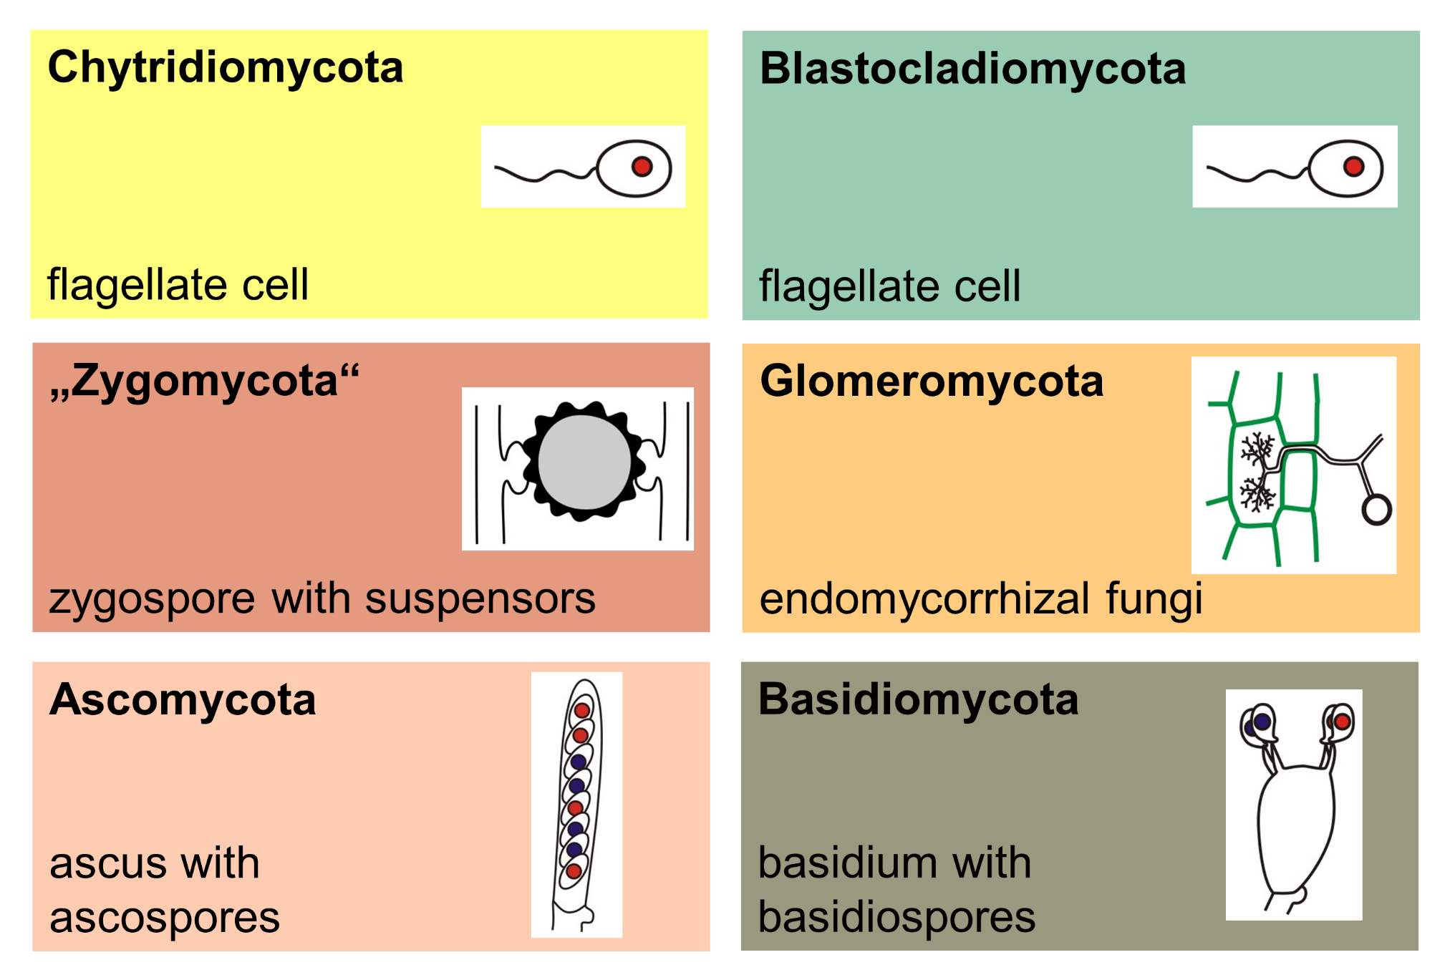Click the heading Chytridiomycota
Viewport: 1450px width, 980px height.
pyautogui.click(x=225, y=69)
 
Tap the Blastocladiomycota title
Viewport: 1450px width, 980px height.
pyautogui.click(x=972, y=70)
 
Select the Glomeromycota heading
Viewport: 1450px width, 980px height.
pyautogui.click(x=931, y=382)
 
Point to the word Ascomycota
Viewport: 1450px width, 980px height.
pyautogui.click(x=183, y=700)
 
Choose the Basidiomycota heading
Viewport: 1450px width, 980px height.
pyautogui.click(x=918, y=700)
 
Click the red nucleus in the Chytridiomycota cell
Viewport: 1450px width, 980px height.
pyautogui.click(x=642, y=167)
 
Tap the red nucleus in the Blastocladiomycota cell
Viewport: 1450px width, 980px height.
pyautogui.click(x=1353, y=167)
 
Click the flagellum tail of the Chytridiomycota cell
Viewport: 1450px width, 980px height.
pyautogui.click(x=544, y=174)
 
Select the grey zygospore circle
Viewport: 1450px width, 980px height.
pyautogui.click(x=584, y=462)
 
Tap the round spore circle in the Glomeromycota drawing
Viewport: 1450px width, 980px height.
pyautogui.click(x=1376, y=510)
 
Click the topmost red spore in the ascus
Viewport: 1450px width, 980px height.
pyautogui.click(x=582, y=710)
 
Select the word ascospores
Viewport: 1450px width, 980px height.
pyautogui.click(x=165, y=918)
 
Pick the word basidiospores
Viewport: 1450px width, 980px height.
pyautogui.click(x=896, y=918)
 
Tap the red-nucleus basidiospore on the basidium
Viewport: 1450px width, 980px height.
pyautogui.click(x=1341, y=721)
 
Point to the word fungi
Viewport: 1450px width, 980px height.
pyautogui.click(x=1154, y=599)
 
